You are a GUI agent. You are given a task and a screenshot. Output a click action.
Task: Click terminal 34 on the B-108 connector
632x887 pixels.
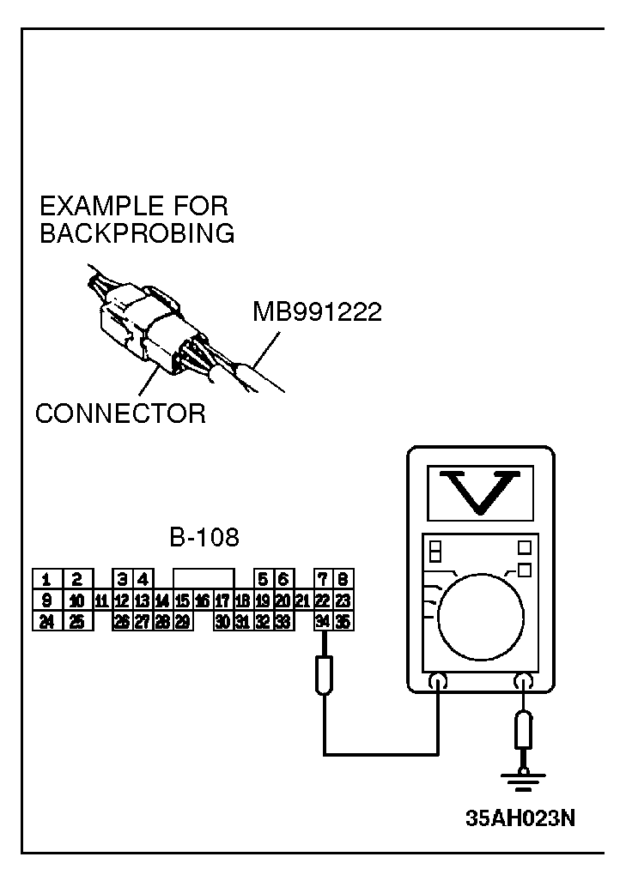[x=322, y=621]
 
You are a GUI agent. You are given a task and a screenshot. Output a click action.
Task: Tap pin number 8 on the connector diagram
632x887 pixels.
[x=342, y=579]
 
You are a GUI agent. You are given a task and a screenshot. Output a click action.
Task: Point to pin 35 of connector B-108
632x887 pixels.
[x=342, y=621]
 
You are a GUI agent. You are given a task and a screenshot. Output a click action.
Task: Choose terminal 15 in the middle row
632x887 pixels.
[x=182, y=600]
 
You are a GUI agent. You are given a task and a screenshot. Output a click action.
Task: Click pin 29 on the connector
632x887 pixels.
[x=182, y=621]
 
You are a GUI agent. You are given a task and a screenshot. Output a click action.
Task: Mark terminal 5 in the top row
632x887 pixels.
[x=263, y=579]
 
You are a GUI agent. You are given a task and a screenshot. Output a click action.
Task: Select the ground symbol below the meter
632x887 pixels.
[x=521, y=780]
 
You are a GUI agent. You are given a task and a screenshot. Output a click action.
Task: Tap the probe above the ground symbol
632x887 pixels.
[x=521, y=731]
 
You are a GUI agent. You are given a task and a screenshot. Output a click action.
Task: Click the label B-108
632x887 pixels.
[x=204, y=538]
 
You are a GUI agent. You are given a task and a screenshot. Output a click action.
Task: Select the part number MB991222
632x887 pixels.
[x=317, y=311]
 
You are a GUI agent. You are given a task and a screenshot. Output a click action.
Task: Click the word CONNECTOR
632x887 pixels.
[x=120, y=413]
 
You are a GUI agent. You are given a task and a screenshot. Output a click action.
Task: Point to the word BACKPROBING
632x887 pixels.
[x=137, y=233]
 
